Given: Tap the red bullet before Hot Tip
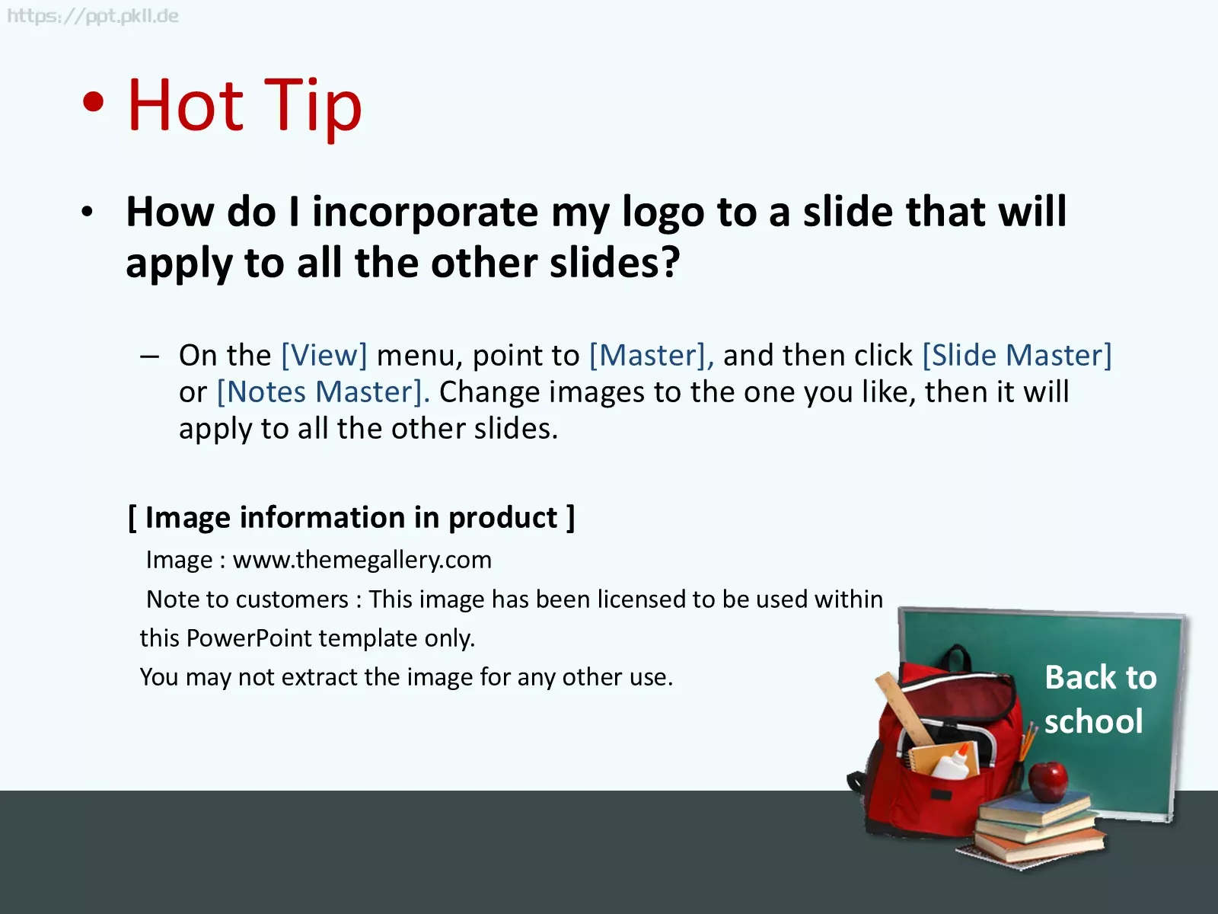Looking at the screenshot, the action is click(x=93, y=102).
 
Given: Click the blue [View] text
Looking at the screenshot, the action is click(x=324, y=355).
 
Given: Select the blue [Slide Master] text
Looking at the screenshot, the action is click(x=1017, y=355).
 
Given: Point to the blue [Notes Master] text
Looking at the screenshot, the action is click(x=323, y=391).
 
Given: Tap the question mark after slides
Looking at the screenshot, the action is click(x=671, y=262).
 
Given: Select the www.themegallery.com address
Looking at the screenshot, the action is click(x=362, y=560).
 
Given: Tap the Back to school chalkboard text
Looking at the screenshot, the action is click(x=1100, y=699).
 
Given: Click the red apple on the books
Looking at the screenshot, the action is click(x=1047, y=781).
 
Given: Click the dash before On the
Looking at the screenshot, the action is click(x=150, y=356).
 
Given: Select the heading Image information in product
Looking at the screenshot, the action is click(x=351, y=518).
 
